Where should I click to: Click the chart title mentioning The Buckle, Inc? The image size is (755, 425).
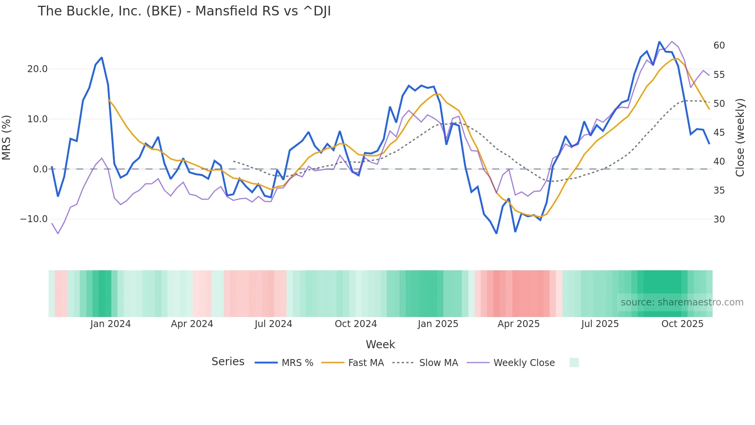point(184,11)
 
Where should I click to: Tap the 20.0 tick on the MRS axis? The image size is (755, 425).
point(37,69)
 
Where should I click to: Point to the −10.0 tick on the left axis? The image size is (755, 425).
point(34,219)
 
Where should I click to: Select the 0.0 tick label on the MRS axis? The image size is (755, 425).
point(40,169)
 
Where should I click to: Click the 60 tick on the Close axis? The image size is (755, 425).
point(719,46)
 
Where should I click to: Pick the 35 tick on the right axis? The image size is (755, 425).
point(719,190)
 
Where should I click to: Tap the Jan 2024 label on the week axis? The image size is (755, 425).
point(111,324)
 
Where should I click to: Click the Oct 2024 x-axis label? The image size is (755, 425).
point(356,324)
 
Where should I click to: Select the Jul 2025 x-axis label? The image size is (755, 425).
point(600,324)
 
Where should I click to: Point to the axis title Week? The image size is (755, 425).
point(380,344)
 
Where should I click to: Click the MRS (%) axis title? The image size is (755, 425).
point(7,138)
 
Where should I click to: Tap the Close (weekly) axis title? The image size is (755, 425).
point(740,138)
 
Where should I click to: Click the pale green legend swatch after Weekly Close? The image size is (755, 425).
point(574,363)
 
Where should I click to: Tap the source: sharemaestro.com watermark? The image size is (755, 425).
point(682,302)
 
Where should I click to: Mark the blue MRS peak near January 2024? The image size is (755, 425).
point(101,58)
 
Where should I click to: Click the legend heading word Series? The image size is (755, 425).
point(228,362)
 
